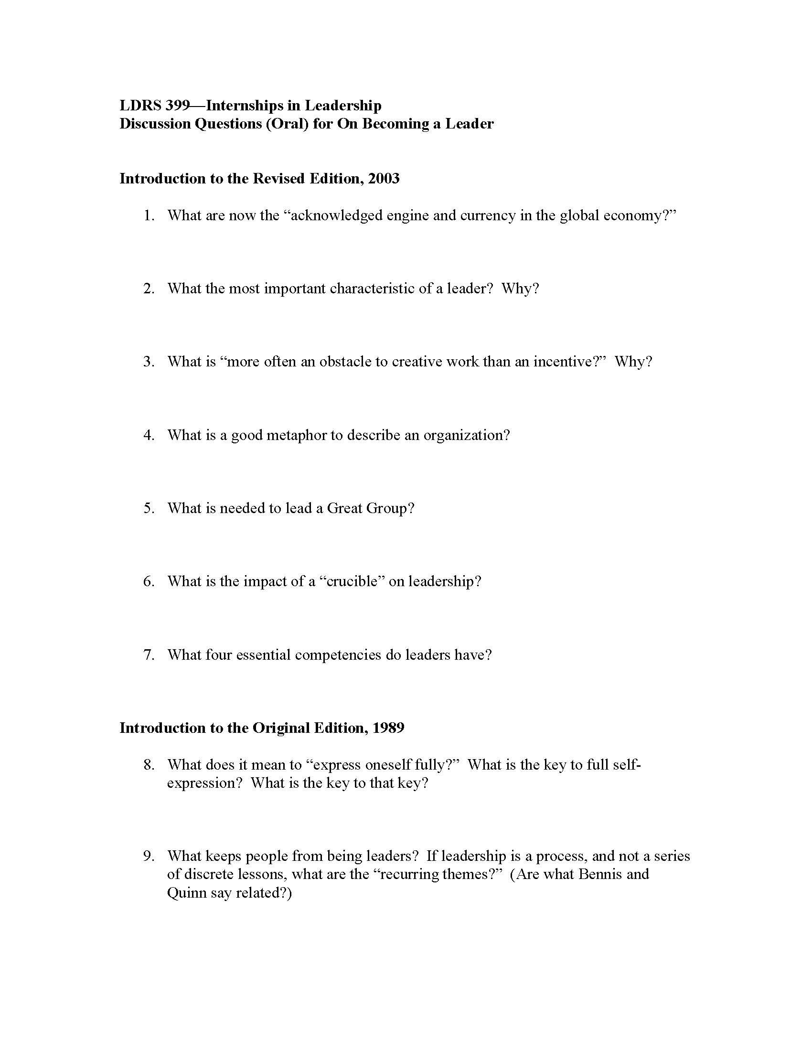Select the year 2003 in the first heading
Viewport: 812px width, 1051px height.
(x=384, y=179)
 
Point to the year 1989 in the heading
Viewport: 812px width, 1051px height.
(x=388, y=728)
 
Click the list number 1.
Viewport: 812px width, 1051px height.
(x=149, y=215)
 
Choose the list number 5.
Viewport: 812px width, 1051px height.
(x=149, y=508)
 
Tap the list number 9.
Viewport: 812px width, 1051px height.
(x=149, y=856)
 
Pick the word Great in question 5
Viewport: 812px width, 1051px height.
(x=344, y=508)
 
